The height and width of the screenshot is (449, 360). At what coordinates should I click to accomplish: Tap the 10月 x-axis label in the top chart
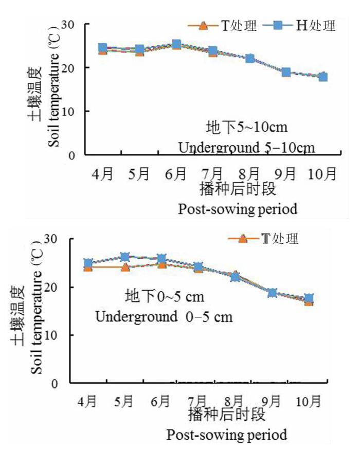tap(322, 174)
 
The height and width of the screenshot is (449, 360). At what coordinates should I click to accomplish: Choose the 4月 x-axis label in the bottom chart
tap(88, 400)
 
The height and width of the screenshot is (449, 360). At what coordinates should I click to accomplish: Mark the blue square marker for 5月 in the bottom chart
tap(124, 257)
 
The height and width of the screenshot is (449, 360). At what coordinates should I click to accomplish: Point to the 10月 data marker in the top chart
tap(323, 77)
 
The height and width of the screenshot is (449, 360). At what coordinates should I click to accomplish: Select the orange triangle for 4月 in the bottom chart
tap(88, 267)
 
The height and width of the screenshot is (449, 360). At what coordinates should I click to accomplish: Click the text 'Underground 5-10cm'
tap(246, 148)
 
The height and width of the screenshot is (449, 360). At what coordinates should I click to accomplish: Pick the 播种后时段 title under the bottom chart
tap(226, 414)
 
